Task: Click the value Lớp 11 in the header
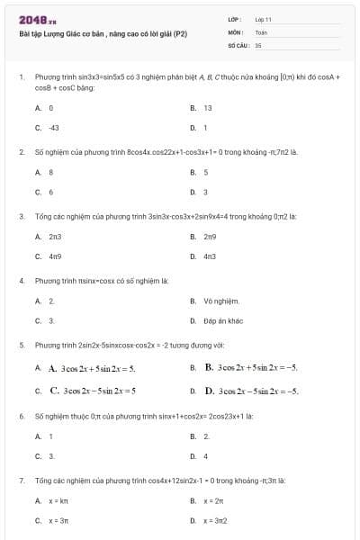click(x=263, y=19)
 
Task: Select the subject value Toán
click(x=261, y=31)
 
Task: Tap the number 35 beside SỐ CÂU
click(x=258, y=44)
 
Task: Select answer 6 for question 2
click(x=50, y=192)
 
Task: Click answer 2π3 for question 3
click(x=55, y=236)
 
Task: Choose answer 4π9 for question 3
click(x=55, y=256)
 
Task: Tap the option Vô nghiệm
click(x=220, y=301)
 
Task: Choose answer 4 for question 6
click(x=205, y=456)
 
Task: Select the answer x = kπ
click(x=58, y=500)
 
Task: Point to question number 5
click(x=21, y=345)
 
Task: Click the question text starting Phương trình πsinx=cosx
click(x=102, y=281)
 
